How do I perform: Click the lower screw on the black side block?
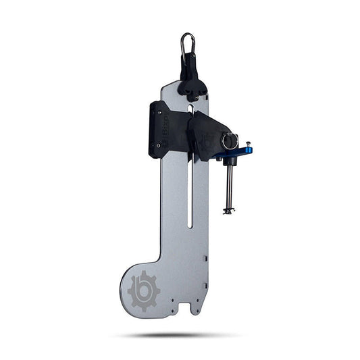[159, 145]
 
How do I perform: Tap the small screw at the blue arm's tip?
[249, 144]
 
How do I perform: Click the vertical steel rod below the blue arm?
[228, 186]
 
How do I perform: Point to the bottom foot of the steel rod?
[228, 211]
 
